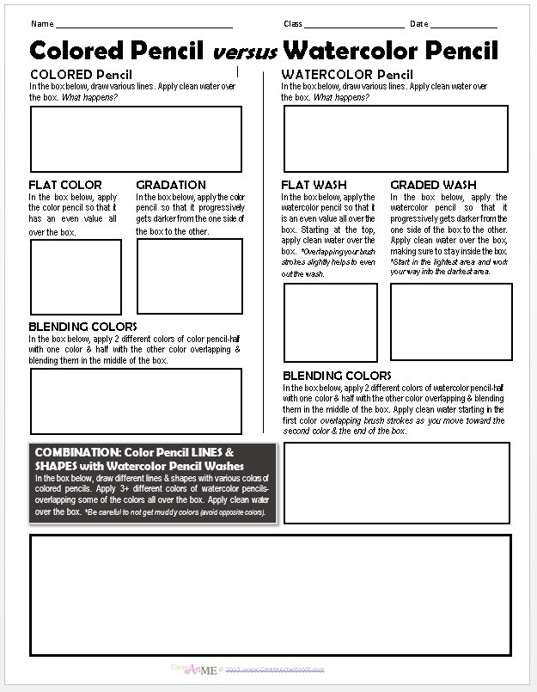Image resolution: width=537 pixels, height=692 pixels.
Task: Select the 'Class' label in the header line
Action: (293, 23)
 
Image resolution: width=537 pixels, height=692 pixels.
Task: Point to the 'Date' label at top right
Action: (418, 23)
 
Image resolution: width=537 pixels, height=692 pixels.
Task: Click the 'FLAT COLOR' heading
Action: (65, 185)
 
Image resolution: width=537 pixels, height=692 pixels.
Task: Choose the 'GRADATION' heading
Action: (171, 185)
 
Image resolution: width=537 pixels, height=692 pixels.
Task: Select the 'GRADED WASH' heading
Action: (434, 185)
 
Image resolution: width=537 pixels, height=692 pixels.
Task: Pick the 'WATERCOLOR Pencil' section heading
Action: (347, 74)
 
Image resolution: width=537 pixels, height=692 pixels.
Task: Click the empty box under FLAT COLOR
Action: (76, 277)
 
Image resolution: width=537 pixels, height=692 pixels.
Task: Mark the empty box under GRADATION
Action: (189, 276)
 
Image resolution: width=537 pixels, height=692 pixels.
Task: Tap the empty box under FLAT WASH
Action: (331, 322)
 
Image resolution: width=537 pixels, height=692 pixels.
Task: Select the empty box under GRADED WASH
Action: (451, 322)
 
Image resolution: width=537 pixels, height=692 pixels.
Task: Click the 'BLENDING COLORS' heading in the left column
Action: (82, 327)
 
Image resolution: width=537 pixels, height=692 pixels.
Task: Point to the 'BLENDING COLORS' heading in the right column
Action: (337, 376)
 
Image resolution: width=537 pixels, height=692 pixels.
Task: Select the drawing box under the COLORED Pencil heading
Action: (136, 138)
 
